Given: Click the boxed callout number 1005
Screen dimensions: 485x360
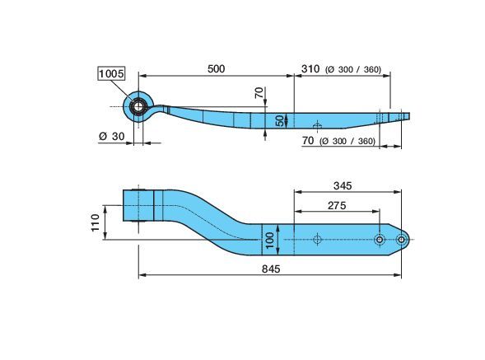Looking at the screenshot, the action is (111, 73).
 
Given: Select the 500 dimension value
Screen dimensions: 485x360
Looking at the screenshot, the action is (216, 68).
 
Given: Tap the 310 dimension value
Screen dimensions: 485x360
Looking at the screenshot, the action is (310, 68).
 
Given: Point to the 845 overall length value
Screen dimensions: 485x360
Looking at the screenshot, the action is (271, 269).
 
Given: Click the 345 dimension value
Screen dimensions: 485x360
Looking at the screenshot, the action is (343, 185).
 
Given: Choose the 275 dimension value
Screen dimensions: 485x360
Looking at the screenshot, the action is (337, 205).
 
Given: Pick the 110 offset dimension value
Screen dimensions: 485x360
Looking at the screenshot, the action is (96, 222).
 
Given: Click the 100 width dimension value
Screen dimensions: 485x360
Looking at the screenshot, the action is (270, 241).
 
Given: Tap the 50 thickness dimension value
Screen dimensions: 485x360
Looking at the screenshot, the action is (280, 120).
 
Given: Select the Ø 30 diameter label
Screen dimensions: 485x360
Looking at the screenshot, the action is (112, 136).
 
